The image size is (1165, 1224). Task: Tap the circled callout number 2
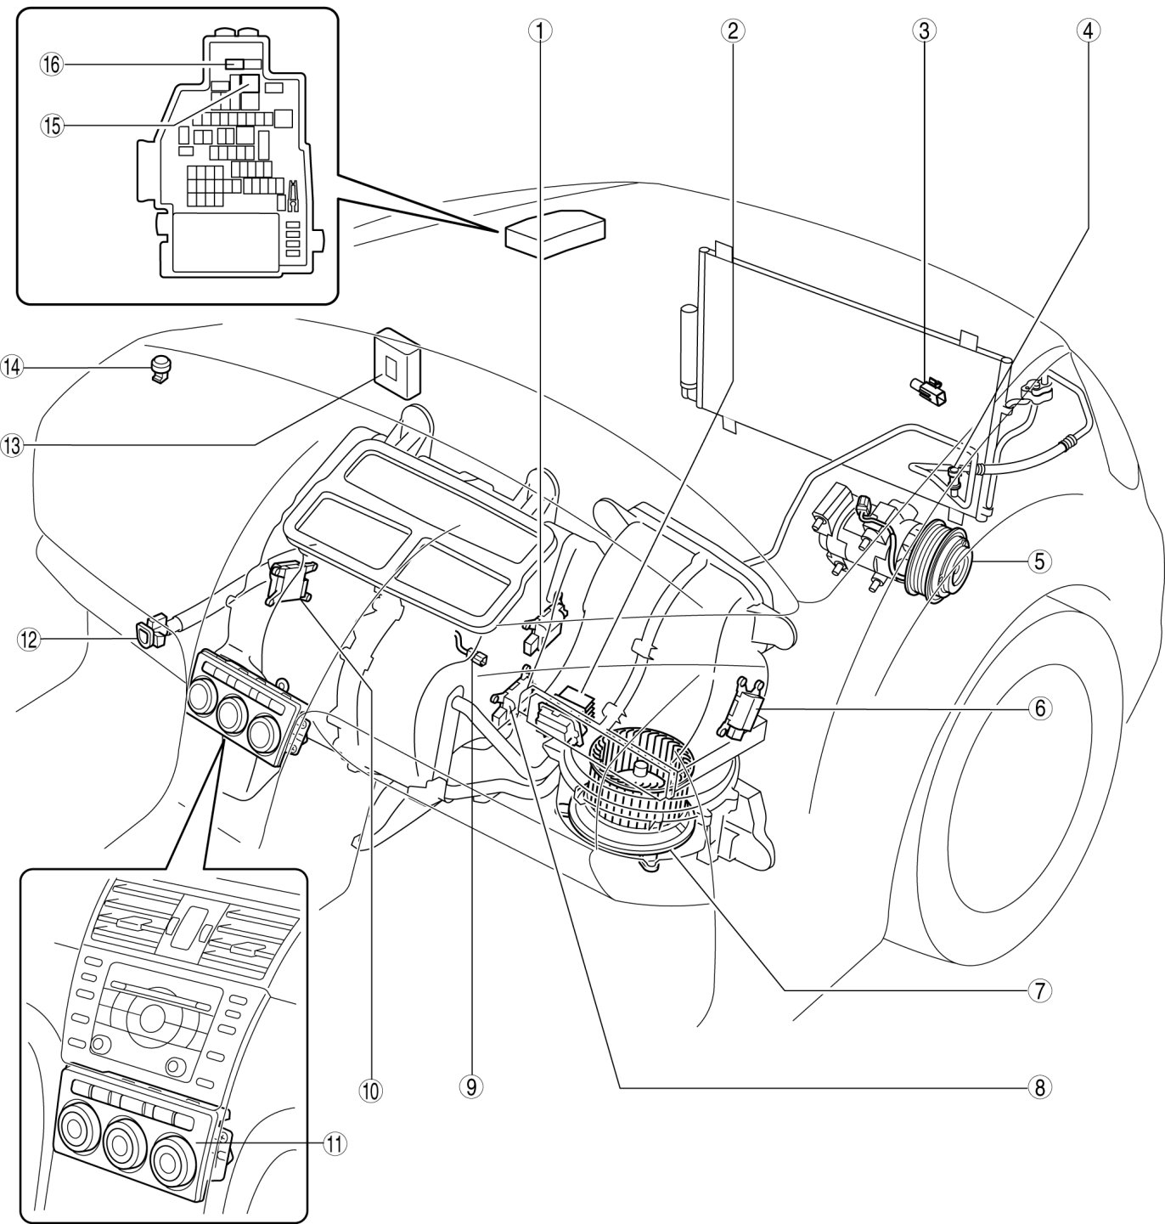733,30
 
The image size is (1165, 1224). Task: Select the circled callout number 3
924,30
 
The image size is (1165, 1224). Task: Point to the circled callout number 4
1089,30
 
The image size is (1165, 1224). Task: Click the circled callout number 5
1040,561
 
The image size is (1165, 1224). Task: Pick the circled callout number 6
1040,708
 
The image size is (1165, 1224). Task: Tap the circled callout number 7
1040,990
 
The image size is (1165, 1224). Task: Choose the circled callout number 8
1040,1087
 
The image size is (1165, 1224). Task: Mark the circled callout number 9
471,1087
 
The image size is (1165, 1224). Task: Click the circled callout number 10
372,1090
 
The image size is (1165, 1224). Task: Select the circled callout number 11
335,1143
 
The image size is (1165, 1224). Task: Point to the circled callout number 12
29,639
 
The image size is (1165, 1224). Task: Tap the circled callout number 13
13,446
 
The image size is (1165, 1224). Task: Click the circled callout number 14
13,367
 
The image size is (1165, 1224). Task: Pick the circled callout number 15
53,126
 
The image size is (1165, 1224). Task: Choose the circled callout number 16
53,65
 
